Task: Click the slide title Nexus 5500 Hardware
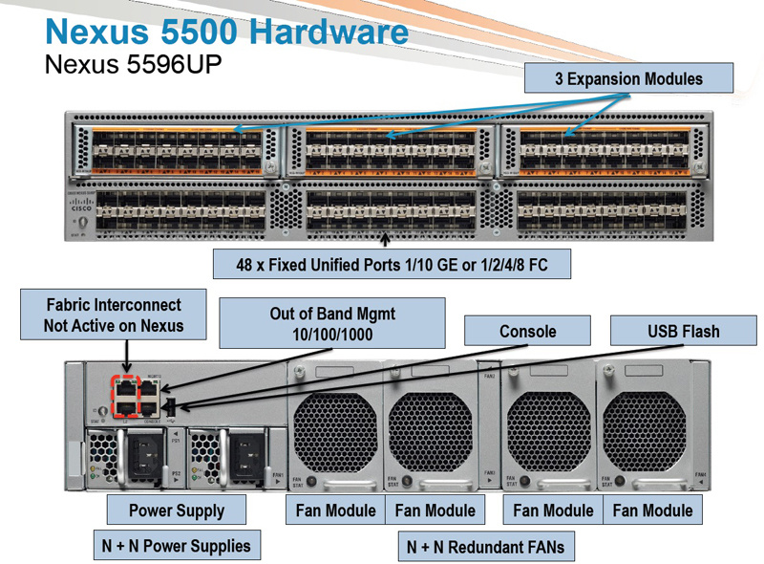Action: tap(227, 32)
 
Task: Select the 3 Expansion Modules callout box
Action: tap(628, 78)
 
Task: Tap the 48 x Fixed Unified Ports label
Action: tap(392, 263)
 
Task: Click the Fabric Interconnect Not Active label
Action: tap(113, 315)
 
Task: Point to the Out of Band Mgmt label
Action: tap(332, 323)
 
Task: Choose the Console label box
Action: tap(527, 332)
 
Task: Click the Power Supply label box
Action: tap(177, 510)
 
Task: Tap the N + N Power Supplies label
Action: tap(176, 546)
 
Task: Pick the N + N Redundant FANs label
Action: tap(485, 547)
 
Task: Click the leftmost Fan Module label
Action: tap(335, 510)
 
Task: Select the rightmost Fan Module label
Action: tap(652, 510)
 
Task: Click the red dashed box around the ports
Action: tap(124, 396)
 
